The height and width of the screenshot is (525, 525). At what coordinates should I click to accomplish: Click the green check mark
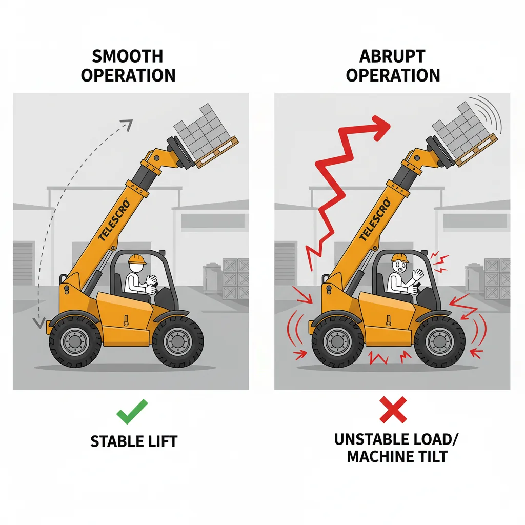pos(132,411)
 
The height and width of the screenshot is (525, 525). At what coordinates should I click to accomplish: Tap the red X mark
pos(393,410)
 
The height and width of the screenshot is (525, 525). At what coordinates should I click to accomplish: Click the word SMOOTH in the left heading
pos(129,56)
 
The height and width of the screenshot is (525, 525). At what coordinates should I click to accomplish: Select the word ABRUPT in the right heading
pos(393,56)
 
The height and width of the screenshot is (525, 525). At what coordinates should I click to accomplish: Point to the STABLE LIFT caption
pos(133,440)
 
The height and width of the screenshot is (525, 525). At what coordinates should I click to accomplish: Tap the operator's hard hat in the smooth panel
pos(137,259)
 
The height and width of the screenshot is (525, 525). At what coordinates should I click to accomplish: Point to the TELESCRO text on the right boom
pos(375,220)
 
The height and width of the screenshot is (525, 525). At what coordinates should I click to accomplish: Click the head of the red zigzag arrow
pos(380,127)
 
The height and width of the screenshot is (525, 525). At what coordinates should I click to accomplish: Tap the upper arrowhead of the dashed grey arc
pos(126,124)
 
